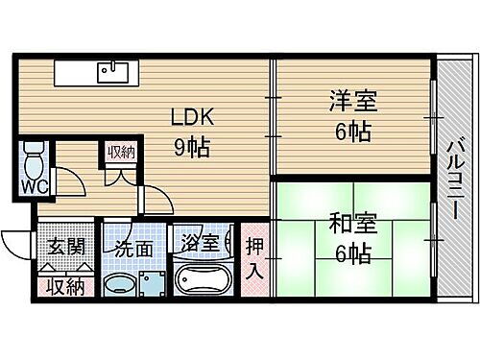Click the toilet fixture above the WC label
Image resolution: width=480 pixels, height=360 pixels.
point(33,154)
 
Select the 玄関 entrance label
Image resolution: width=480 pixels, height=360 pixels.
point(66,247)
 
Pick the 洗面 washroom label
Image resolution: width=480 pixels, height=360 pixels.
point(135,248)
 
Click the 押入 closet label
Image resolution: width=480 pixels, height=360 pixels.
point(255,260)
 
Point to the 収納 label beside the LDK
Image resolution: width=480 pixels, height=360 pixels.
point(121,152)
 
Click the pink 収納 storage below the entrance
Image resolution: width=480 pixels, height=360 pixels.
point(66,285)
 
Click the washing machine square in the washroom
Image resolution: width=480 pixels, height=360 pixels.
point(153,284)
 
